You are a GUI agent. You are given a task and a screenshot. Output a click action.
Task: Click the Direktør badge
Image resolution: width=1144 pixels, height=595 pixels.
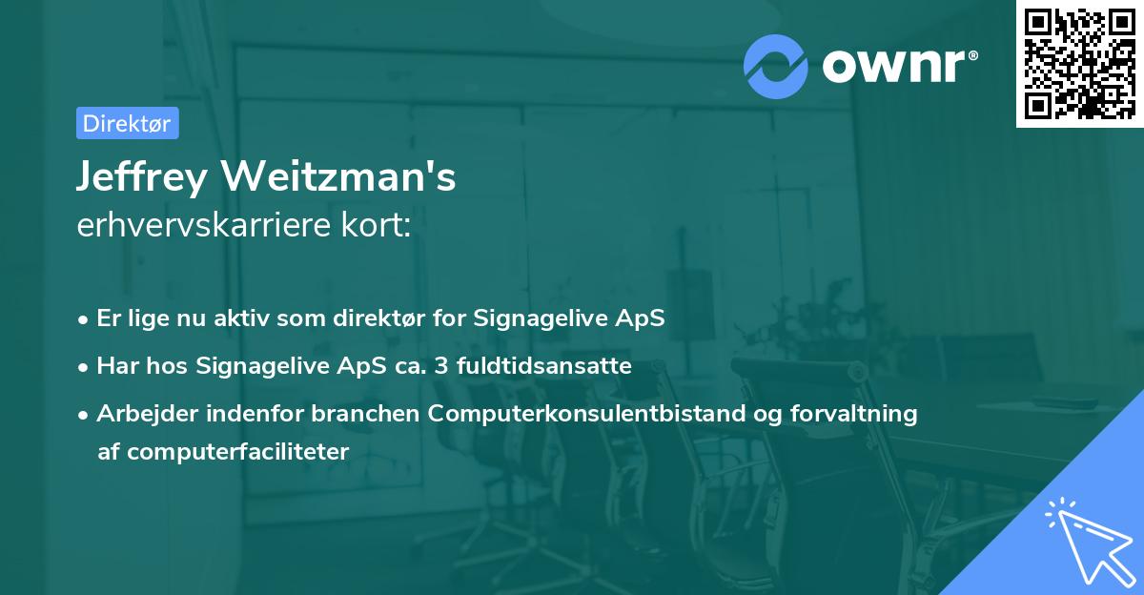click(127, 123)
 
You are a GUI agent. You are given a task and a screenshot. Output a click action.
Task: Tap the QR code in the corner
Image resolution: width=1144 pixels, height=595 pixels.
click(1079, 63)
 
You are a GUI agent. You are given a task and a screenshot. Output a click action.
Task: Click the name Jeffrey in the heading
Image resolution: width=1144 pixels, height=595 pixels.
click(140, 177)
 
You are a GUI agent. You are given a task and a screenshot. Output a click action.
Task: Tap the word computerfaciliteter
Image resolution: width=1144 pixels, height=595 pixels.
click(224, 451)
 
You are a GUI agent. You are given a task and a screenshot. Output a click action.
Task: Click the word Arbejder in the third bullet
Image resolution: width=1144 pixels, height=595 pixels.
click(140, 413)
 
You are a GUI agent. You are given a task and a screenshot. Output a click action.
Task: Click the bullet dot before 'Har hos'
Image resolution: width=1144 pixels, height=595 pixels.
click(85, 366)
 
